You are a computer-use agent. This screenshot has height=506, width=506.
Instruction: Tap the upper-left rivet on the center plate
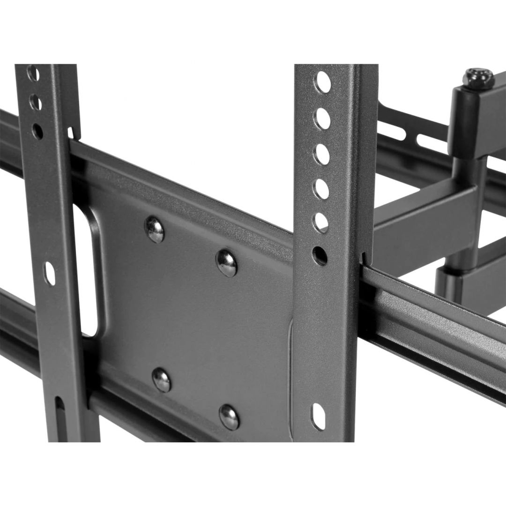(155, 230)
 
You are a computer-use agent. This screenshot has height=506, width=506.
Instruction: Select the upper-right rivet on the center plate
(227, 263)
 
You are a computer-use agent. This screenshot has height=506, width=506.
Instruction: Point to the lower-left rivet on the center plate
(162, 379)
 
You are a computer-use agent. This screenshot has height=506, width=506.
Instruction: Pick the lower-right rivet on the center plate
(230, 416)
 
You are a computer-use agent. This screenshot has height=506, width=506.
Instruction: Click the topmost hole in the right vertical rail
(323, 82)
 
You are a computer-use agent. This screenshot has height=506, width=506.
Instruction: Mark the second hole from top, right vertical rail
(322, 119)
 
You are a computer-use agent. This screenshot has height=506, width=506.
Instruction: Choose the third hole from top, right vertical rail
(322, 154)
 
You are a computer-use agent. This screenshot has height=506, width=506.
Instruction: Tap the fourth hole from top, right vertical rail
(321, 188)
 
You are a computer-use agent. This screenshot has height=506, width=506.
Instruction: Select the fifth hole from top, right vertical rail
(321, 223)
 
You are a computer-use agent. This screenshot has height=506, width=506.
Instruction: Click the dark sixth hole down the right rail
(320, 256)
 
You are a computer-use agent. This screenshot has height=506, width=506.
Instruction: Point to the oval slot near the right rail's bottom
(319, 416)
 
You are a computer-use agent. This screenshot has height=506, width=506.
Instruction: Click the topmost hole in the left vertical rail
(33, 74)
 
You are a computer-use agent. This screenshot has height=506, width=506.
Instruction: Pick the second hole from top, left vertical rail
(35, 102)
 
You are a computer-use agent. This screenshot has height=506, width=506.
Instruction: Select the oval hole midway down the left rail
(49, 274)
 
